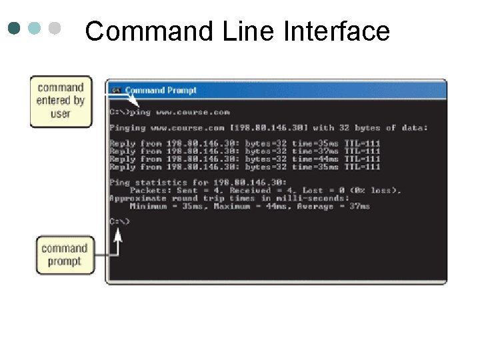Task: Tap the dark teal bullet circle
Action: [x=15, y=29]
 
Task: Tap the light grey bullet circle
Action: [x=55, y=29]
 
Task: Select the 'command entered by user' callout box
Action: [x=61, y=101]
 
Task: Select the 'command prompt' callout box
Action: [x=65, y=255]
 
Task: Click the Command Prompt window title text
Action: [x=161, y=90]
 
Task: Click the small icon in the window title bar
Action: [x=116, y=90]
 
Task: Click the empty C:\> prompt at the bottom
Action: [x=119, y=221]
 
